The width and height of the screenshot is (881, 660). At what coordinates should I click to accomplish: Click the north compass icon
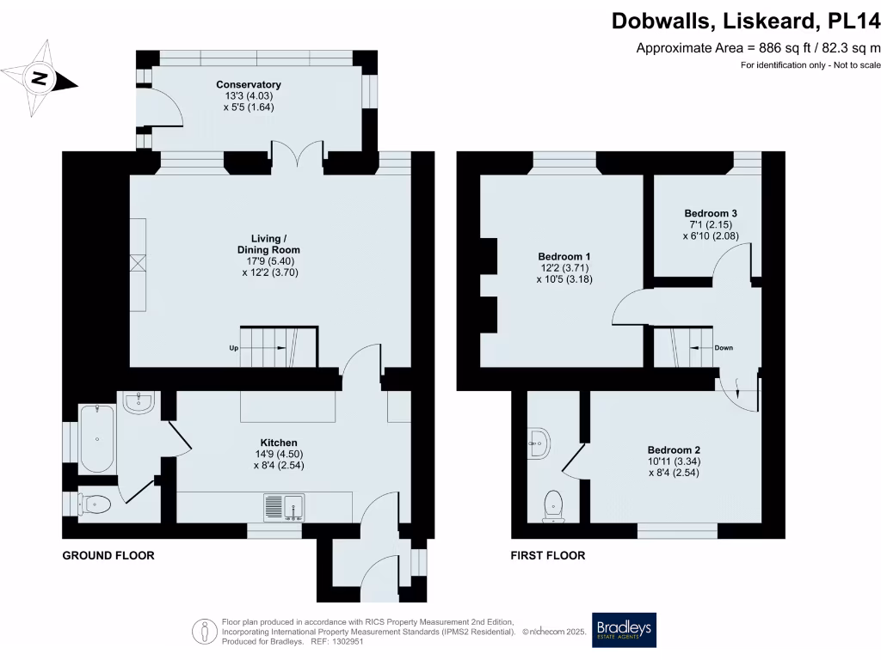40,78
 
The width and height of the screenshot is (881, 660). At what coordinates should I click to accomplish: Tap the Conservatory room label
249,84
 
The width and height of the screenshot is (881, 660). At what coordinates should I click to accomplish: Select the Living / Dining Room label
268,244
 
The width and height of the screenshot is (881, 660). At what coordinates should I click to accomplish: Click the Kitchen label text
279,443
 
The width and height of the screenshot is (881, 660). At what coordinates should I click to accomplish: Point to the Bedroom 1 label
564,256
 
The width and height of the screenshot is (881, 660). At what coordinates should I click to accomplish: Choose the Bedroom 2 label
674,450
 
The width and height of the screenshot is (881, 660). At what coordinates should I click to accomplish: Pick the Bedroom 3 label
711,213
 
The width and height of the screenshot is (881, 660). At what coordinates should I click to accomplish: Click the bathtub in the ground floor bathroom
97,438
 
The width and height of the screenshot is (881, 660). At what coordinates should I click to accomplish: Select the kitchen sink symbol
284,507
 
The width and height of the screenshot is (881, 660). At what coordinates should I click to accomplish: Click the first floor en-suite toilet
553,506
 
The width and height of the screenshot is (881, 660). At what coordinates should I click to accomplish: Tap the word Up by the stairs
234,348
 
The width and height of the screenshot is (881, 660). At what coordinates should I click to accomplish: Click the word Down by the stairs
724,348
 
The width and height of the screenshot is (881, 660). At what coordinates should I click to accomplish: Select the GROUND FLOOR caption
108,556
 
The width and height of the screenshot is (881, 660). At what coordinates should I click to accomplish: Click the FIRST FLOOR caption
548,556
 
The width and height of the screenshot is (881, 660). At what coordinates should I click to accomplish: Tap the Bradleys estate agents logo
625,630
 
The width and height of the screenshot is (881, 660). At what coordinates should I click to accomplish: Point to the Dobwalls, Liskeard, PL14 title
746,21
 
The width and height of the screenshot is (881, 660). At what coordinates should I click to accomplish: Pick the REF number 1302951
348,641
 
